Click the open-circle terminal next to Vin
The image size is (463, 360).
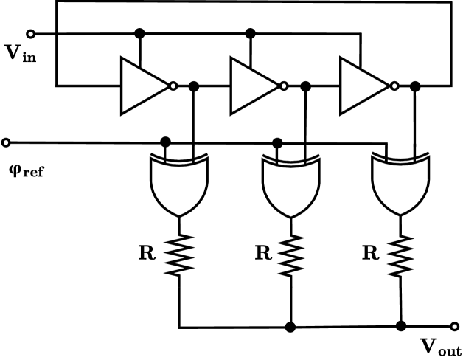pos(31,33)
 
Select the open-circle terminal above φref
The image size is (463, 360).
pos(7,142)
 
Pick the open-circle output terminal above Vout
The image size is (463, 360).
pos(454,325)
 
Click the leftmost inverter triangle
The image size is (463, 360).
pos(144,86)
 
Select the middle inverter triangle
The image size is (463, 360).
pos(253,86)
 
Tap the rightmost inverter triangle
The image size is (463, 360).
pos(362,86)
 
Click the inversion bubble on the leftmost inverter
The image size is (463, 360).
pos(173,86)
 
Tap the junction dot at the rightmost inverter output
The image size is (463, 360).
pos(414,86)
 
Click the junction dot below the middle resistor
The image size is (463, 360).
pos(291,325)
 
